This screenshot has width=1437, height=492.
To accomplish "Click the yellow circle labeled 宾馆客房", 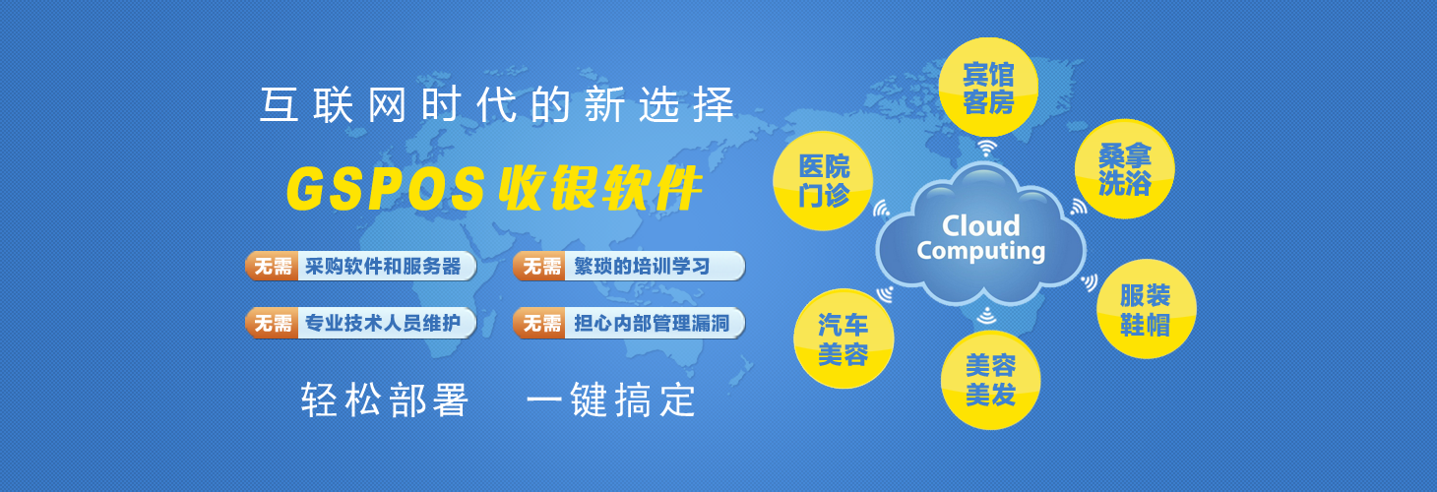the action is (988, 88).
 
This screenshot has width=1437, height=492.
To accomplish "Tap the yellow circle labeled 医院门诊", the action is (823, 181).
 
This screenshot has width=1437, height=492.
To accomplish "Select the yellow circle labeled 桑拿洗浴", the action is (1125, 168).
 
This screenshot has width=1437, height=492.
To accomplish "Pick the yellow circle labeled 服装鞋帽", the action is (1147, 309).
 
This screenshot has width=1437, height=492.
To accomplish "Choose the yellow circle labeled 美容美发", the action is (990, 380).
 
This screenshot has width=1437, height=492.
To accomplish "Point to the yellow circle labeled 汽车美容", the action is (843, 338).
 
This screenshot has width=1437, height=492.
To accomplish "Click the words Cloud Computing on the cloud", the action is (981, 238).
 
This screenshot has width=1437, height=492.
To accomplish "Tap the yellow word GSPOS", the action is (386, 188).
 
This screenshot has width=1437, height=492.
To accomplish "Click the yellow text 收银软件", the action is (600, 188).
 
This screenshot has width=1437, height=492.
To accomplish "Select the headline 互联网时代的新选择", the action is (497, 104).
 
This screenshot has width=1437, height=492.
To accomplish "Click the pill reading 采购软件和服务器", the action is (360, 267).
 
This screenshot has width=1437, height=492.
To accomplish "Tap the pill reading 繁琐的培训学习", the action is (629, 267).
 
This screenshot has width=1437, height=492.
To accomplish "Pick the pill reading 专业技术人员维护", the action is (360, 323).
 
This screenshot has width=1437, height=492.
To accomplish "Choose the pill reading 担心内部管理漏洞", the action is (629, 323).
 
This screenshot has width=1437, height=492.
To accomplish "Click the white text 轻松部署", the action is (385, 400).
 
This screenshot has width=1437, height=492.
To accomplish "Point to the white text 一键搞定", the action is (611, 400).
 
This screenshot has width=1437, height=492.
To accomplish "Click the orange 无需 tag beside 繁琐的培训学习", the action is (540, 267).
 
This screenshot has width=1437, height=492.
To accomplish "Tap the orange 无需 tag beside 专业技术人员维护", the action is (272, 323).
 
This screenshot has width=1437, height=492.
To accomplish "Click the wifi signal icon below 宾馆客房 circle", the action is (987, 149).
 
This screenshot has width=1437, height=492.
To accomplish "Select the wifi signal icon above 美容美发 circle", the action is (986, 316).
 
